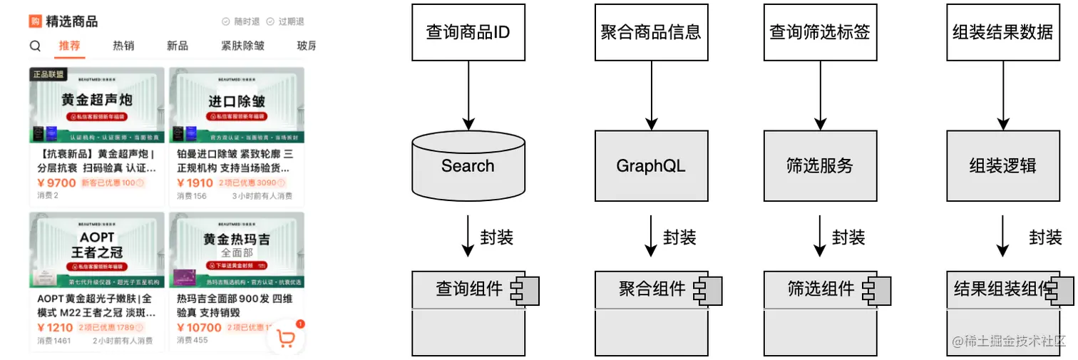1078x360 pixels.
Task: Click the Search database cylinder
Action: point(468,166)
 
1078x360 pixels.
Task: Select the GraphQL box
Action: point(651,166)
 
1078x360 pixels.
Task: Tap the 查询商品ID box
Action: point(468,32)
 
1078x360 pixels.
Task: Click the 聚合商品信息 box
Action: point(651,32)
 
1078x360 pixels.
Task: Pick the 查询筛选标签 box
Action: point(820,32)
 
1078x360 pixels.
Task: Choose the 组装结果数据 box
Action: point(1002,32)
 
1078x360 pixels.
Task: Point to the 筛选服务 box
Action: point(820,166)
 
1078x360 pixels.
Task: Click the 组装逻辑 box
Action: point(1002,166)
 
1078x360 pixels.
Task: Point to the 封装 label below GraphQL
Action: point(679,237)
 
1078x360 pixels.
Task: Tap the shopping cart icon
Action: point(286,339)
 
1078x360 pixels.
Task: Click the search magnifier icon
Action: point(35,46)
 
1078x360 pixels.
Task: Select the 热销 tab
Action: point(123,46)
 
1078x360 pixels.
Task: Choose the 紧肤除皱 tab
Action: point(242,46)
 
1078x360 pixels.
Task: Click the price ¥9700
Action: point(56,183)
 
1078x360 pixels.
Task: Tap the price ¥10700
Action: point(199,328)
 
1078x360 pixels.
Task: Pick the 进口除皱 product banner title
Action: point(237,101)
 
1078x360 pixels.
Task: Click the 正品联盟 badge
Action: point(48,74)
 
